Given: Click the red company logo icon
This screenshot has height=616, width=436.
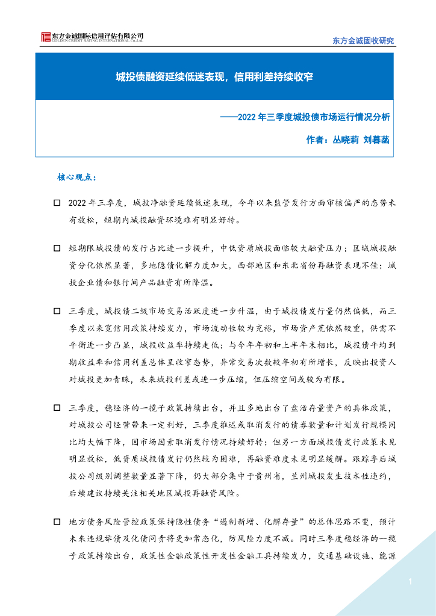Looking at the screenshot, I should coord(45,37).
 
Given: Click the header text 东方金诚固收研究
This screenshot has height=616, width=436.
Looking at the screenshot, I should coord(363,40).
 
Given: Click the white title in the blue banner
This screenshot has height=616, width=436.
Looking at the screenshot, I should coord(214,77).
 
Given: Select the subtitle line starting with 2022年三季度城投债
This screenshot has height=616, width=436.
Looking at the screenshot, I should coord(314,117).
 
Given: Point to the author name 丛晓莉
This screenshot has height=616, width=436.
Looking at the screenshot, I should coord(346,140).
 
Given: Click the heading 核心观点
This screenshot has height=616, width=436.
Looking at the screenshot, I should coord(76,178).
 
